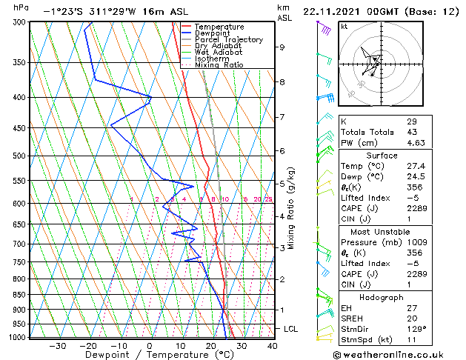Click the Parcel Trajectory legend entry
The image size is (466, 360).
pos(228,39)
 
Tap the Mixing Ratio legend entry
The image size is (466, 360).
pos(219,65)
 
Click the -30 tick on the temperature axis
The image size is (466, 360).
pos(58,346)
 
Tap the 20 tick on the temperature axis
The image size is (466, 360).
pos(211,346)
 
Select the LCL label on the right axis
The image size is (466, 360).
pos(291,328)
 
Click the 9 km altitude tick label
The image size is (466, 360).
pos(282,47)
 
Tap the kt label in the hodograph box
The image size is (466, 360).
pos(344,27)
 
